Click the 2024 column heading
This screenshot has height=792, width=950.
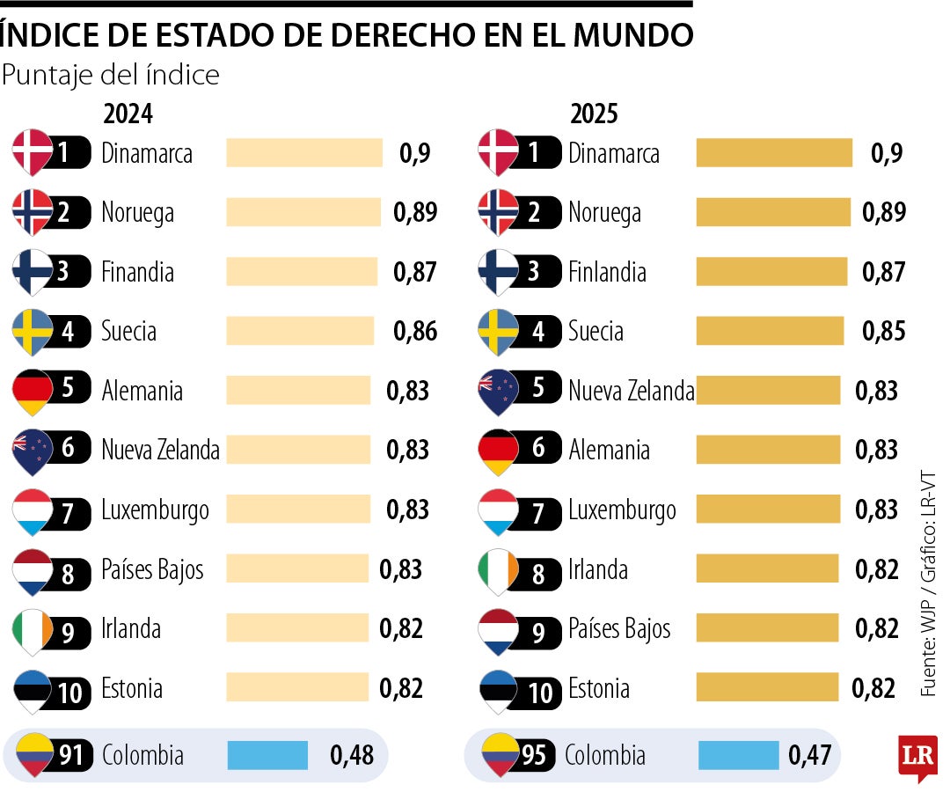tap(128, 114)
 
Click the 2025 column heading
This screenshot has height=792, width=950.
tap(595, 114)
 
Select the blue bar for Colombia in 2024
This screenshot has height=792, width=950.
tap(267, 755)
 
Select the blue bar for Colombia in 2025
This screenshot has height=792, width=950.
tap(738, 755)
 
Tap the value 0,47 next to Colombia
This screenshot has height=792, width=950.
tap(809, 755)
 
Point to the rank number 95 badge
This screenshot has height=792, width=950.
tap(534, 755)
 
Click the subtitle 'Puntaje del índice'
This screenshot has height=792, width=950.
tap(111, 76)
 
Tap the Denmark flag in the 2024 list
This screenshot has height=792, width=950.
tap(33, 151)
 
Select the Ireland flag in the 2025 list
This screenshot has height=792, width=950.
tap(498, 569)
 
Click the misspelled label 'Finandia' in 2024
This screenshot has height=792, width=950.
tap(138, 272)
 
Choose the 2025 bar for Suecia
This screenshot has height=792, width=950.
tap(770, 331)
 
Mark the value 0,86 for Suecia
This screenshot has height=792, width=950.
tap(414, 331)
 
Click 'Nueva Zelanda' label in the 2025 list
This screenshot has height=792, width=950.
tap(632, 390)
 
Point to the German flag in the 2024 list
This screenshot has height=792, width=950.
tap(33, 390)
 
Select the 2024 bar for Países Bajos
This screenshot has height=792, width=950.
tap(297, 568)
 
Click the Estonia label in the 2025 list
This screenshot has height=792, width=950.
tap(599, 688)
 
